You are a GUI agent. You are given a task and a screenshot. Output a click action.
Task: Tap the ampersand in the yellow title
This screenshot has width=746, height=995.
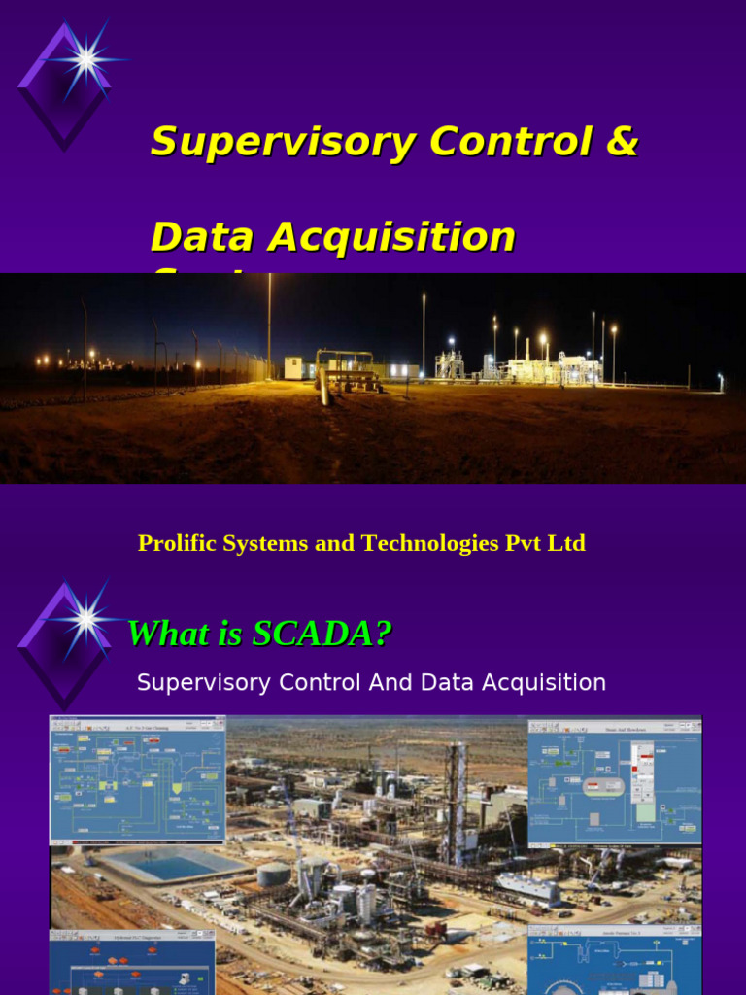[x=622, y=142]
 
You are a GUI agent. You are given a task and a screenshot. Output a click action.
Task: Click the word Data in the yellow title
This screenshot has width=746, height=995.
[x=202, y=237]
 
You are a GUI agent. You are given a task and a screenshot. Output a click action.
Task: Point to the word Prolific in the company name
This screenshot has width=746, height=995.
[x=175, y=543]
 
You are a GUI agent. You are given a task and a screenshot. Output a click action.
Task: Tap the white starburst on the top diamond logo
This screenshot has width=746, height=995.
[x=86, y=60]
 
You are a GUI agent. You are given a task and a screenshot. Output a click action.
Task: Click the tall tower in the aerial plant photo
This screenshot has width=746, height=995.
[x=455, y=792]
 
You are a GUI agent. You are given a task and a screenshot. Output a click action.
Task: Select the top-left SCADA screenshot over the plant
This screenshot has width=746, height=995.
[x=138, y=780]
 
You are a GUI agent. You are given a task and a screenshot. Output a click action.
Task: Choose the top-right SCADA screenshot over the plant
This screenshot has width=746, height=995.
[x=614, y=781]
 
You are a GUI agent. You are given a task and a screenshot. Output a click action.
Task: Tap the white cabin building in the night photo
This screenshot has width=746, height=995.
[x=292, y=367]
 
